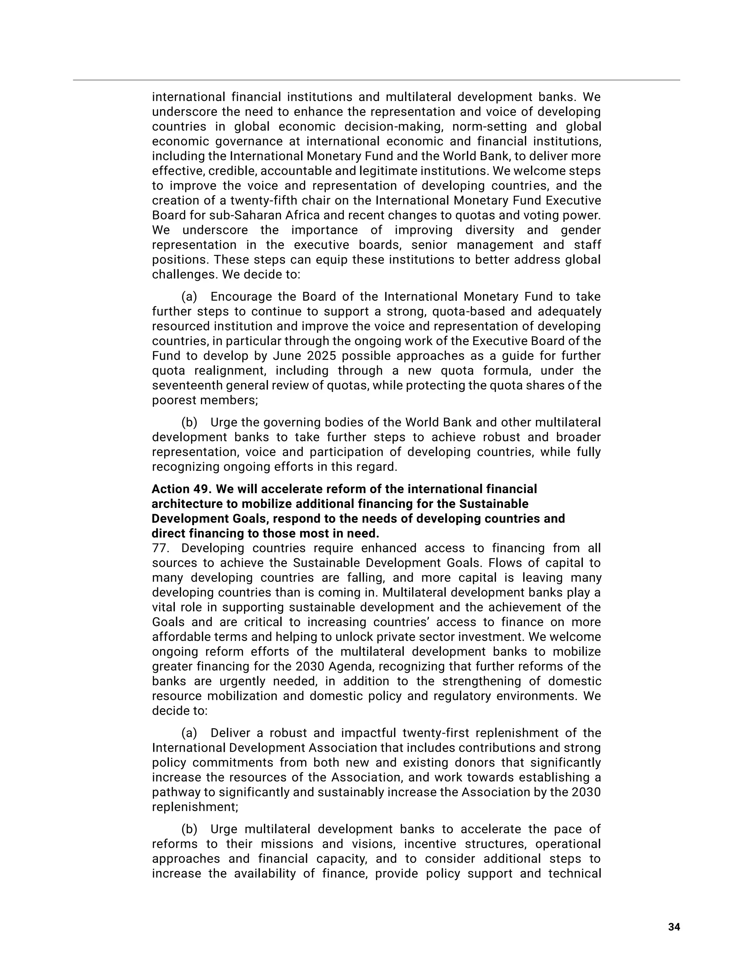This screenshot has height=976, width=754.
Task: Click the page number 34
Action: (674, 927)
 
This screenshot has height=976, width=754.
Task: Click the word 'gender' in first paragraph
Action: (581, 230)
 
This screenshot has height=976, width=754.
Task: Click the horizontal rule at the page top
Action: (377, 80)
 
